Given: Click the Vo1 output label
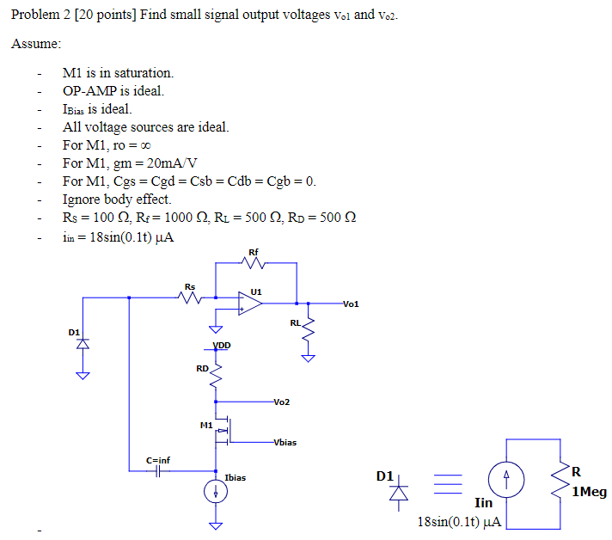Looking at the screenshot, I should pyautogui.click(x=351, y=304).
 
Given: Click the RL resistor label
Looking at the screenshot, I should pyautogui.click(x=295, y=323).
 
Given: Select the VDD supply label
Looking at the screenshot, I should pyautogui.click(x=221, y=346).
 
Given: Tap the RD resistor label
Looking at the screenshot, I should pyautogui.click(x=202, y=369).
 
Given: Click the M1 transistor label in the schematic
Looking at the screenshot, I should pyautogui.click(x=205, y=425).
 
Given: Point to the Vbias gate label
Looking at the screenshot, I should pyautogui.click(x=285, y=443).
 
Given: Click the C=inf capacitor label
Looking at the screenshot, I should pyautogui.click(x=157, y=460).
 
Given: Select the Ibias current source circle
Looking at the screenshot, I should pyautogui.click(x=216, y=492).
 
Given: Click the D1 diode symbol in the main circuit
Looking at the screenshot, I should pyautogui.click(x=83, y=344).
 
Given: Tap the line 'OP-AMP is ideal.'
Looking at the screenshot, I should pyautogui.click(x=113, y=91).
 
